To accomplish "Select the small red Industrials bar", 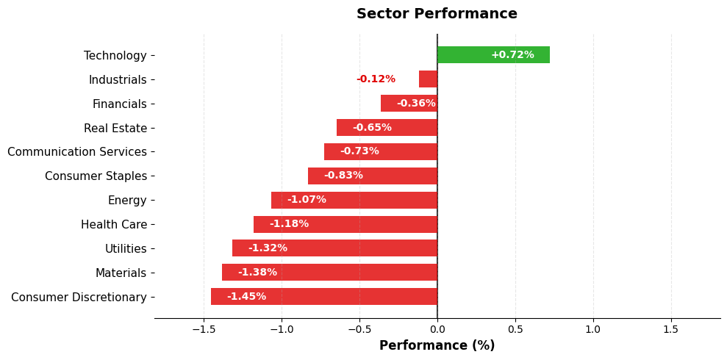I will (x=428, y=79).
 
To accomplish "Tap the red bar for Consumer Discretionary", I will (x=323, y=297).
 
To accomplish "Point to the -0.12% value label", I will (x=376, y=79).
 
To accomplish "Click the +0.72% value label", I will (x=512, y=55).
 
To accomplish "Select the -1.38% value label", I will (x=257, y=273).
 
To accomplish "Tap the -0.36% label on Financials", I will (x=416, y=104).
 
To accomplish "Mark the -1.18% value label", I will (x=289, y=224).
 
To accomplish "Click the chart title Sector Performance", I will (x=437, y=14).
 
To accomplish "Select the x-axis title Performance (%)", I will (x=437, y=345).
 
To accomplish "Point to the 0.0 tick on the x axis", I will (x=437, y=329).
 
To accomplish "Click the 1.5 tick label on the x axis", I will (x=670, y=329).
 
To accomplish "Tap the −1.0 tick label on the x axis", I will (x=282, y=329).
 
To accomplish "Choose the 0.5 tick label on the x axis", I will (x=515, y=329).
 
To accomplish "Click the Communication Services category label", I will (x=77, y=152).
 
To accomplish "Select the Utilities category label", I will (x=126, y=249).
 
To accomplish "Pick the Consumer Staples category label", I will (x=96, y=176).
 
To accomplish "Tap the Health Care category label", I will (x=114, y=225).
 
